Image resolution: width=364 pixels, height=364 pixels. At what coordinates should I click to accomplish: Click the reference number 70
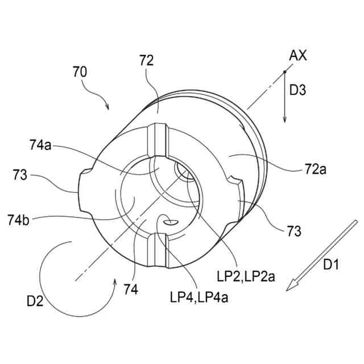point(80,72)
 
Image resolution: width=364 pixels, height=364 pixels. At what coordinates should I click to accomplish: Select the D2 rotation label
point(35,301)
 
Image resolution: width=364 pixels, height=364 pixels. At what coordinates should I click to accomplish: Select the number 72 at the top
point(146,62)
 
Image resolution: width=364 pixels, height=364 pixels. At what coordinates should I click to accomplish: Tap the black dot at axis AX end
point(284,71)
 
